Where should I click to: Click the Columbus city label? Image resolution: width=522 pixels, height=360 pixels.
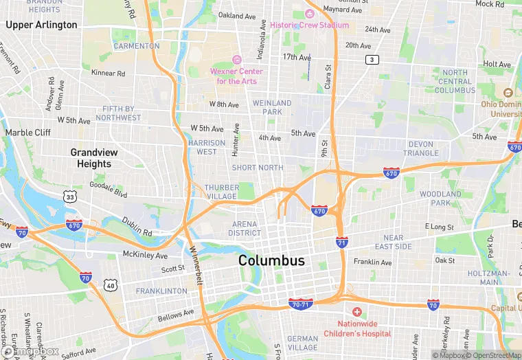pos(271,261)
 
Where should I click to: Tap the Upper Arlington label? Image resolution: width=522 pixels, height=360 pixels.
pos(41,25)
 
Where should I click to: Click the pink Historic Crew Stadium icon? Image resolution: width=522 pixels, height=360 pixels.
pos(309,14)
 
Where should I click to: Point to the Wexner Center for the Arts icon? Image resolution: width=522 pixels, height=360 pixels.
pos(238,60)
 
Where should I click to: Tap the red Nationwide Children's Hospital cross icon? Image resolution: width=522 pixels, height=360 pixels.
pos(356,312)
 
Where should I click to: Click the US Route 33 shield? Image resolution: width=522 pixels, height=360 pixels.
pos(70,196)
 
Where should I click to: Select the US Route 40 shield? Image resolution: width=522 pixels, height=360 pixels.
pos(110,284)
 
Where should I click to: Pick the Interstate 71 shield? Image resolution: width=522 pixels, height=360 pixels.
pos(341,242)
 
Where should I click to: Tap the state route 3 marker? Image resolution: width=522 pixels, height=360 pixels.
pos(372,60)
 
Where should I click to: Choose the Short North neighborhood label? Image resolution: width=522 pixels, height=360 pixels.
pos(258,168)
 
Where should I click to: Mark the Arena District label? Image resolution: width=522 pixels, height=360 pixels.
pos(245,228)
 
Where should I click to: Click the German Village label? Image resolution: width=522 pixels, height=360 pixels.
pos(302,343)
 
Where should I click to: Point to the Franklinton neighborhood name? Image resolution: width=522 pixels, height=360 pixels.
pos(161,291)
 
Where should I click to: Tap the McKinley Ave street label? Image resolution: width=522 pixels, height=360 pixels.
pos(145,256)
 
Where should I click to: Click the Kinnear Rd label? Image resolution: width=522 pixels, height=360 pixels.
pos(109,73)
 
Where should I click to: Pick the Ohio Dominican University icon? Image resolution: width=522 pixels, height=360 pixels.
pos(508,93)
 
